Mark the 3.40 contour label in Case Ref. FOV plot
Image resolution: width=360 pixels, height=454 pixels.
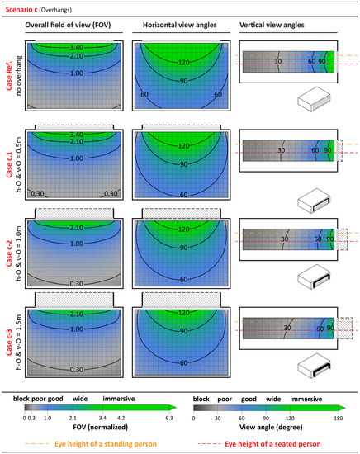(74, 48)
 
